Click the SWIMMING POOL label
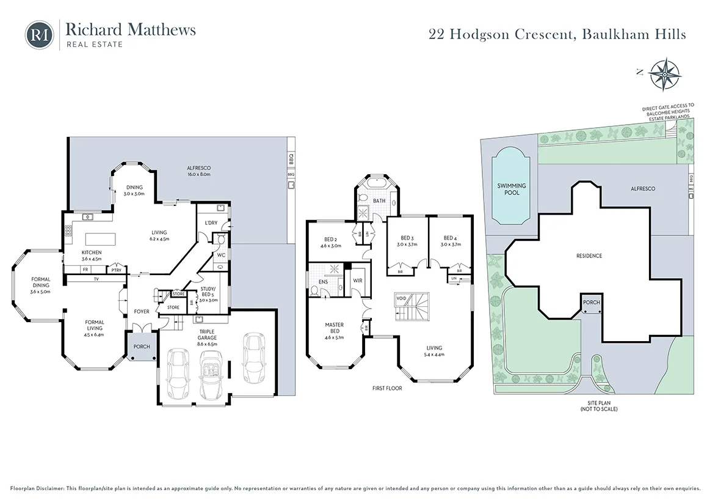(x=511, y=189)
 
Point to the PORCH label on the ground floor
(x=142, y=347)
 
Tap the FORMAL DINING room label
(x=42, y=282)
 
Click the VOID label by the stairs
(x=401, y=298)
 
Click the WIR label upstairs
(x=358, y=281)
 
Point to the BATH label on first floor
(x=379, y=200)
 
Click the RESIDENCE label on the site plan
(x=589, y=256)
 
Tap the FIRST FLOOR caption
(x=387, y=388)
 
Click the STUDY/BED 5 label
(x=209, y=294)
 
